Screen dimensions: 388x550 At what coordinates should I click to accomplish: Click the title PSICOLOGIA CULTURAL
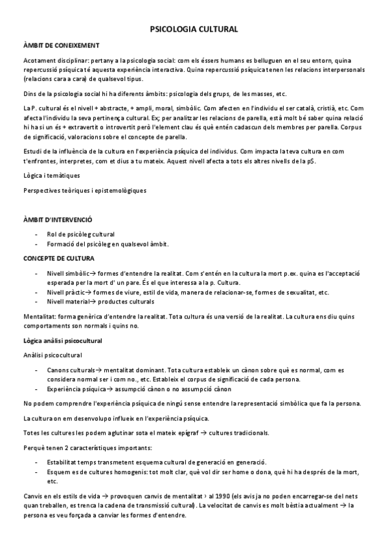click(194, 29)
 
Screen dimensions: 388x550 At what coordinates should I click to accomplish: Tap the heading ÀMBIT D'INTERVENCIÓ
click(58, 221)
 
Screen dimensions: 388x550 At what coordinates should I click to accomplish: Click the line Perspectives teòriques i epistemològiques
click(84, 190)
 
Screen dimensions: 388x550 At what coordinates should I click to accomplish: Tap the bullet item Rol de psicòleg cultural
click(80, 234)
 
